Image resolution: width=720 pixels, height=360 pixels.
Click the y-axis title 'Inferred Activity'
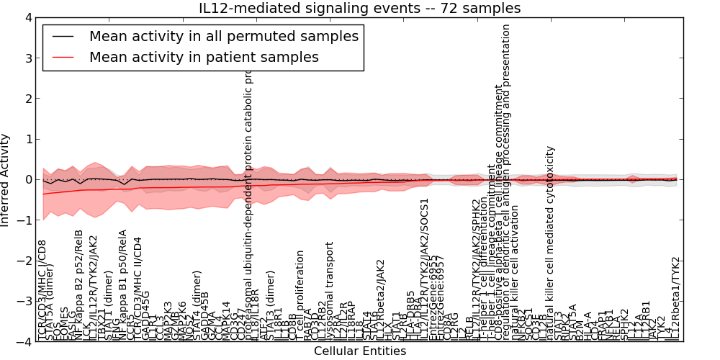6,180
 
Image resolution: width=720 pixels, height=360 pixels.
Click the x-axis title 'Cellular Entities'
359,351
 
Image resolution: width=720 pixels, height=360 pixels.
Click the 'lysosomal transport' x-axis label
330,288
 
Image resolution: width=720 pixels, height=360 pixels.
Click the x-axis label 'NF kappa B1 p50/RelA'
122,284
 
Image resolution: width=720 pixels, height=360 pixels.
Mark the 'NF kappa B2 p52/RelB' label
79,284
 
